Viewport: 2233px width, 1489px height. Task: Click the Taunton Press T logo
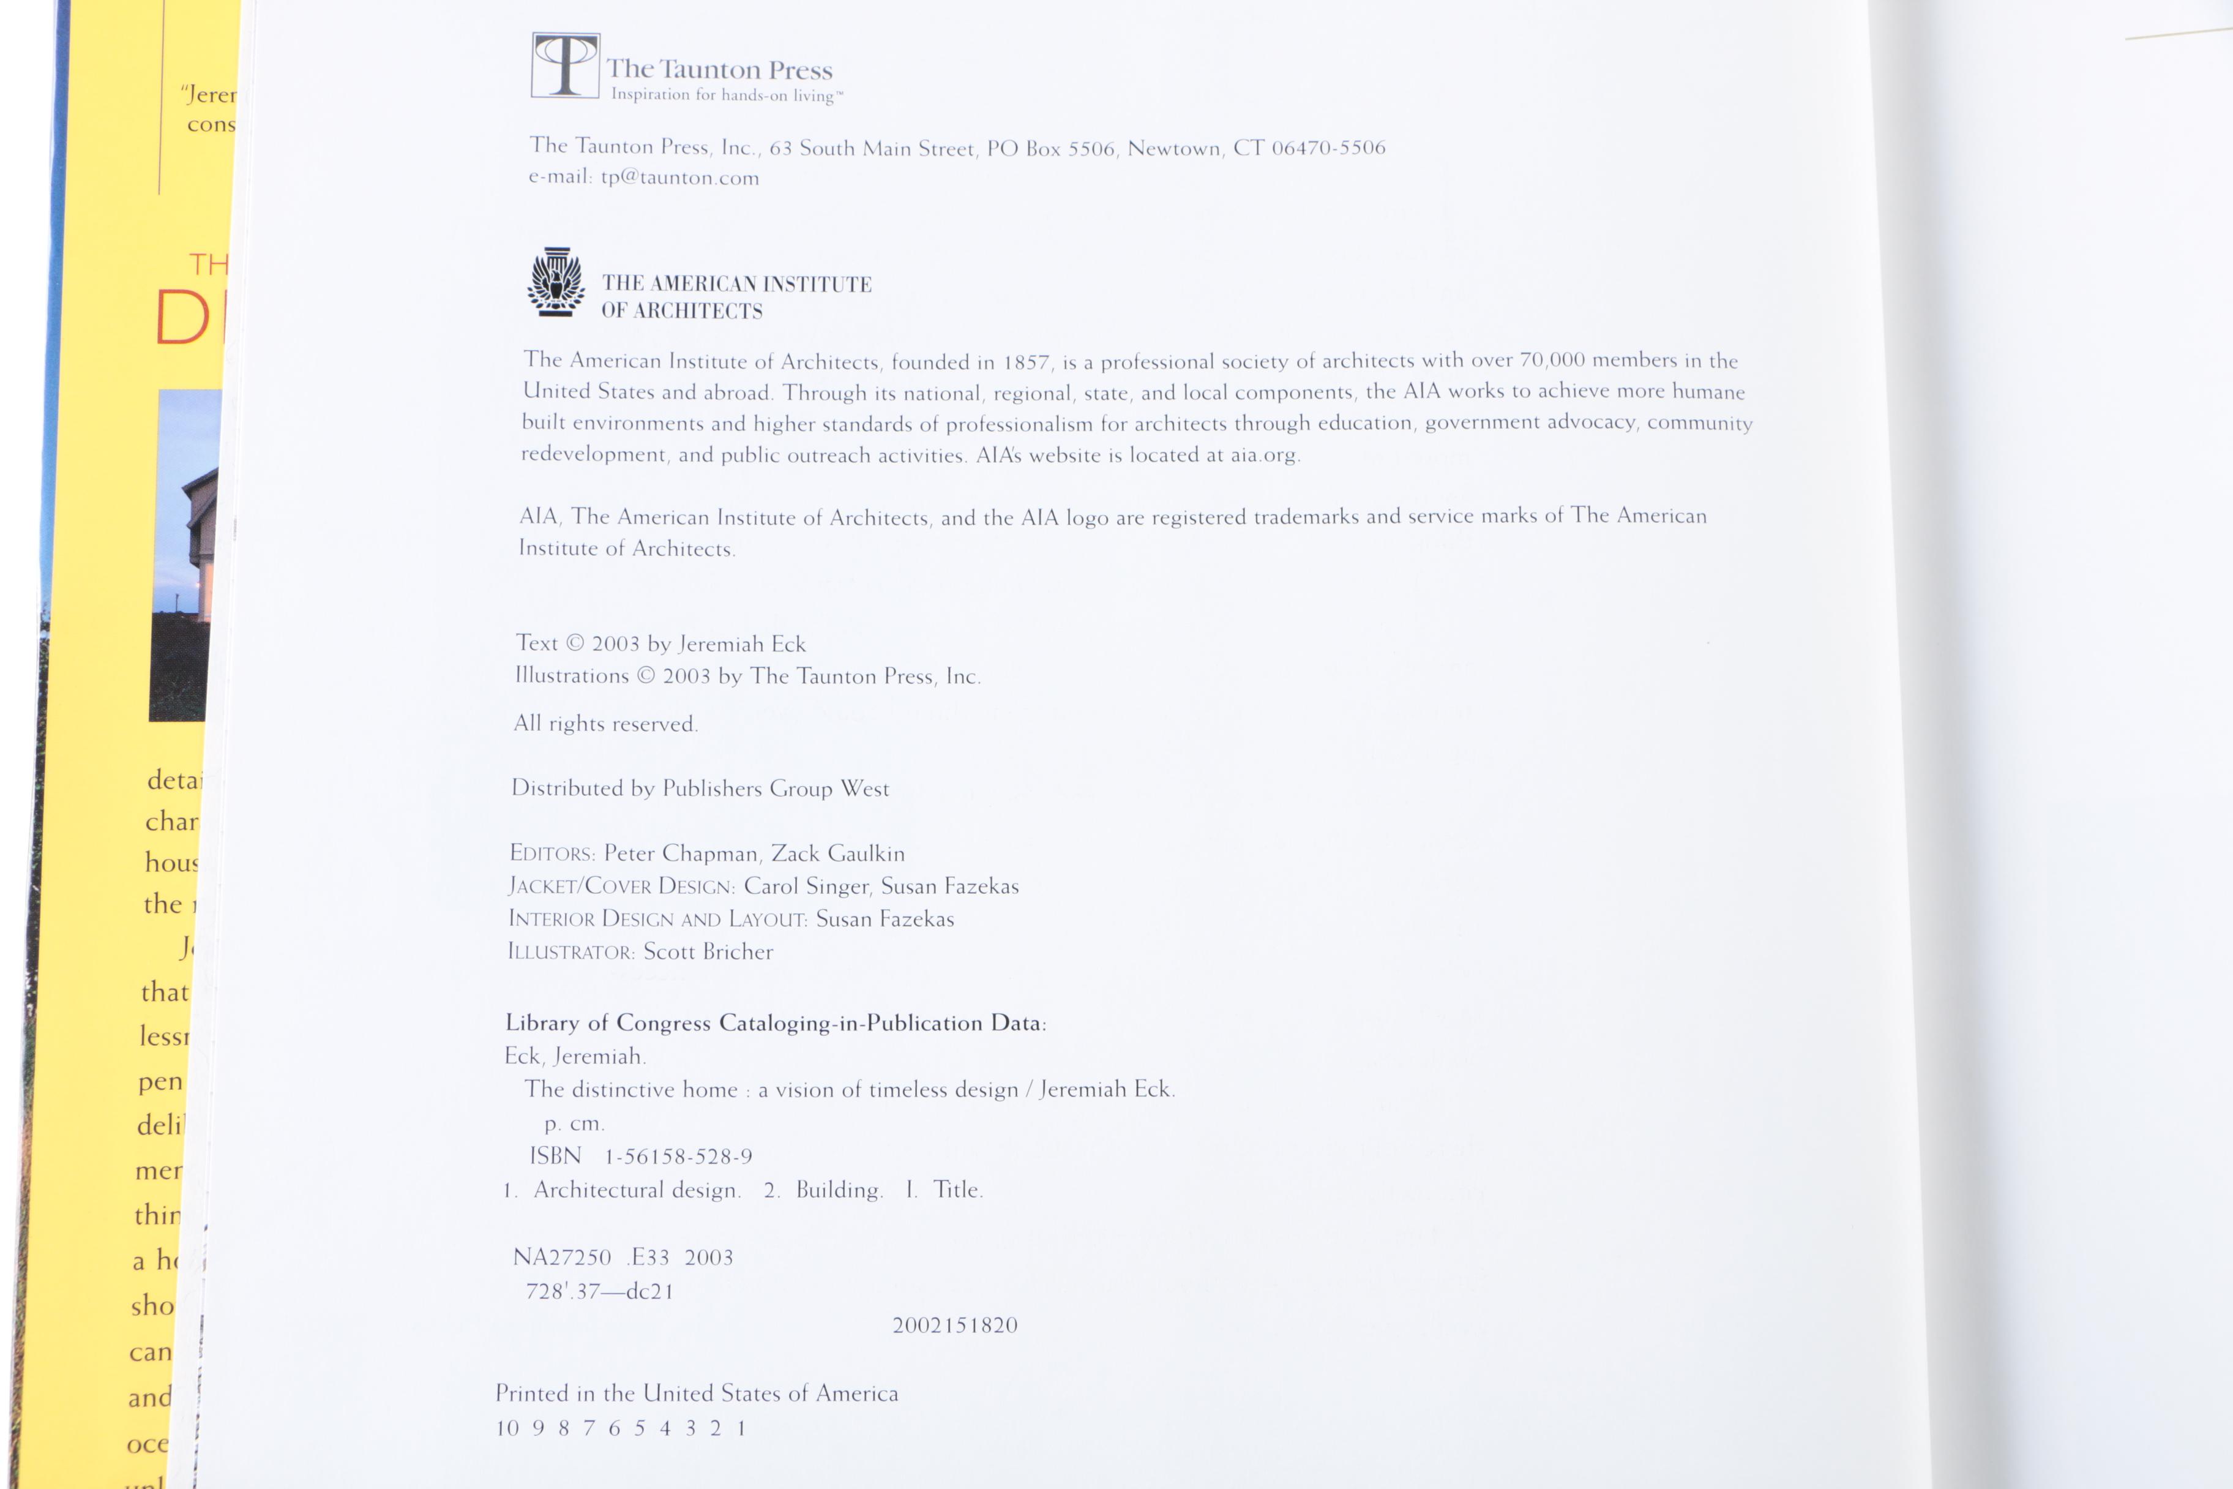(565, 66)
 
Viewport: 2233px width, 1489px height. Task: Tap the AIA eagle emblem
(555, 282)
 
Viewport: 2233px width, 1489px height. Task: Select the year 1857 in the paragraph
(1027, 362)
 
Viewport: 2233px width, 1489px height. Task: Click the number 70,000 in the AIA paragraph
(1552, 361)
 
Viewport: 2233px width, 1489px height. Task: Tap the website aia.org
(1263, 456)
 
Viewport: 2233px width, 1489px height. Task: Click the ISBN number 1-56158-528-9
(678, 1157)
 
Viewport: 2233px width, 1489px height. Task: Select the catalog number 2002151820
(954, 1326)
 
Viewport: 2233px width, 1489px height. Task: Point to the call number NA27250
(562, 1258)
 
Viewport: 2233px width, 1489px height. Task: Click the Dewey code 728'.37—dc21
(599, 1291)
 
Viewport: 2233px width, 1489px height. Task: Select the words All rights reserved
(606, 724)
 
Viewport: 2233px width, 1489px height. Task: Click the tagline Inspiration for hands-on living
(724, 95)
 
